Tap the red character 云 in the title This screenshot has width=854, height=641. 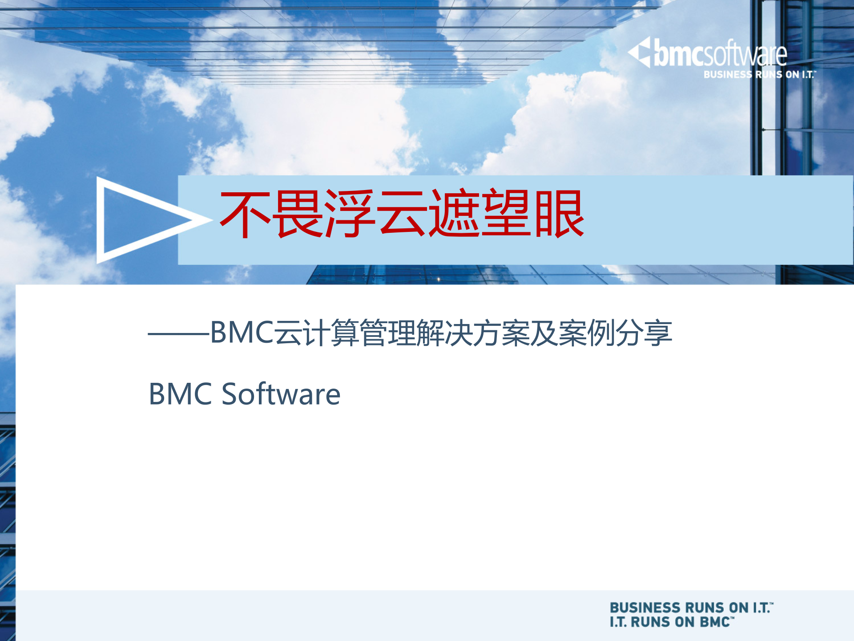pyautogui.click(x=402, y=214)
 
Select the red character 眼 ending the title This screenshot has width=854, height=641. pyautogui.click(x=559, y=214)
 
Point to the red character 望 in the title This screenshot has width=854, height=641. pyautogui.click(x=507, y=214)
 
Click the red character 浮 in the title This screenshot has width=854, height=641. pyautogui.click(x=349, y=214)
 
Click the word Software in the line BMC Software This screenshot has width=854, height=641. pyautogui.click(x=281, y=394)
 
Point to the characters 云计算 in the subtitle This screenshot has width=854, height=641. pyautogui.click(x=316, y=333)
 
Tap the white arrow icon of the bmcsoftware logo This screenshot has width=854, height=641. pyautogui.click(x=640, y=52)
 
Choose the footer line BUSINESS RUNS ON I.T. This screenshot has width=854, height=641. pyautogui.click(x=691, y=608)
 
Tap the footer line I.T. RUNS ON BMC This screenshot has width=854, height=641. pyautogui.click(x=671, y=622)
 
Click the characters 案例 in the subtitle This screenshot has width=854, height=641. pyautogui.click(x=587, y=333)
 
